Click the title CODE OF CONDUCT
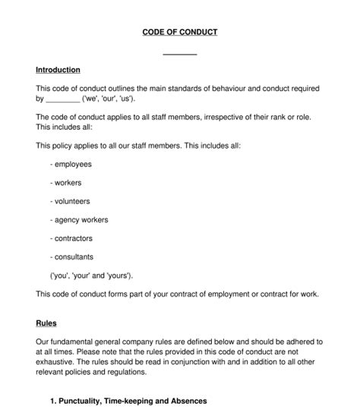pyautogui.click(x=180, y=32)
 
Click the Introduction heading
pyautogui.click(x=58, y=70)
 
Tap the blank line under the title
pyautogui.click(x=180, y=52)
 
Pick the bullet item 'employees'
pyautogui.click(x=71, y=164)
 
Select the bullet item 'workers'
pyautogui.click(x=66, y=183)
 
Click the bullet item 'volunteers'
pyautogui.click(x=70, y=201)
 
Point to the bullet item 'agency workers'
pyautogui.click(x=79, y=220)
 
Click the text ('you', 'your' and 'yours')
pyautogui.click(x=96, y=275)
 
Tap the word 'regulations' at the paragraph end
pyautogui.click(x=131, y=373)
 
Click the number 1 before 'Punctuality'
pyautogui.click(x=52, y=400)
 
